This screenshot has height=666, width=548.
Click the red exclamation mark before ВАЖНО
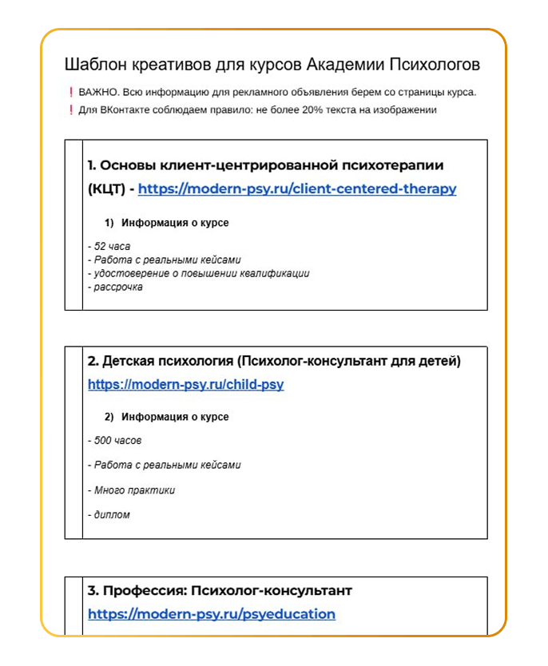pyautogui.click(x=71, y=92)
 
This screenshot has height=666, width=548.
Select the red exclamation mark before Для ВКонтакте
pyautogui.click(x=71, y=110)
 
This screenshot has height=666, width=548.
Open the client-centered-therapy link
pyautogui.click(x=297, y=189)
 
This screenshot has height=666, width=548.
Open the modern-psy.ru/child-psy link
pyautogui.click(x=185, y=385)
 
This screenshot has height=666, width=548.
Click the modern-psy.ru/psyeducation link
pyautogui.click(x=212, y=614)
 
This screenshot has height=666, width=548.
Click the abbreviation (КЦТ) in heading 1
pyautogui.click(x=109, y=189)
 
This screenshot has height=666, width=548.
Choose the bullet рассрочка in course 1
pyautogui.click(x=117, y=287)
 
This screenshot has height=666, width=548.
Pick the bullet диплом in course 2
pyautogui.click(x=111, y=515)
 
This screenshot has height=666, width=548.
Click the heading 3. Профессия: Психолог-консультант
pyautogui.click(x=220, y=591)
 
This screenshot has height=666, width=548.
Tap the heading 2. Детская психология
pyautogui.click(x=273, y=362)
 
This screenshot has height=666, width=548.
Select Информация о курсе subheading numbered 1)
pyautogui.click(x=175, y=223)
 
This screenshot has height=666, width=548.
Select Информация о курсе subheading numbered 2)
pyautogui.click(x=175, y=417)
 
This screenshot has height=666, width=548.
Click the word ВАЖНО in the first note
pyautogui.click(x=97, y=92)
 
